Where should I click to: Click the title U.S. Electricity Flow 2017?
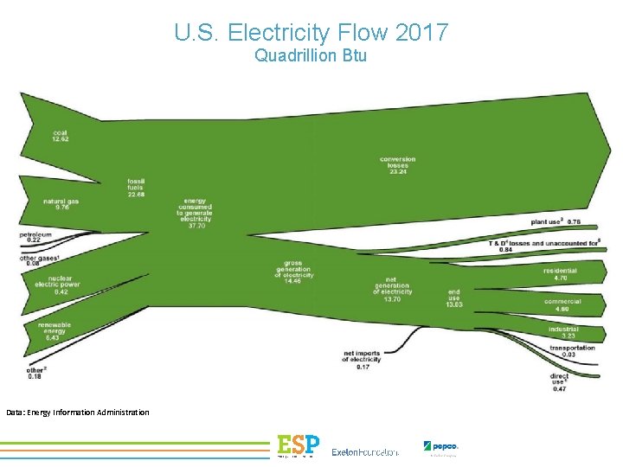(x=311, y=33)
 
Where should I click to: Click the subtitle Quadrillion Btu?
(x=311, y=56)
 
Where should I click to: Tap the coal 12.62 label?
(x=60, y=135)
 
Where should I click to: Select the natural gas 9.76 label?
(x=61, y=204)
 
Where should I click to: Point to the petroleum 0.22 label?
(x=35, y=236)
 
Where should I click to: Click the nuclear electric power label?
(x=58, y=285)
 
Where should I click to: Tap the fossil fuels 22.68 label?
(x=136, y=187)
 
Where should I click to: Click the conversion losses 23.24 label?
(x=397, y=165)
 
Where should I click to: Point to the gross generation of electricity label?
(x=293, y=271)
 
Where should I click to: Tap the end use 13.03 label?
(x=453, y=298)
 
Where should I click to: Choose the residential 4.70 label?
(x=560, y=274)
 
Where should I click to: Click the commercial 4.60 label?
(x=562, y=304)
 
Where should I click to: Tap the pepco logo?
(x=440, y=447)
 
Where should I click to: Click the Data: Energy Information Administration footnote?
(x=78, y=412)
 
